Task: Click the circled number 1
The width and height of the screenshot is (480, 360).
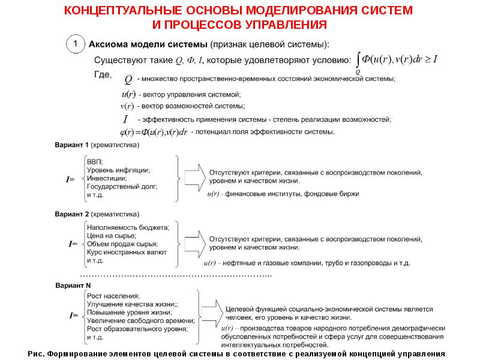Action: [74, 45]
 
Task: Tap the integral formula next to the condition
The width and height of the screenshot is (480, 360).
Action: [397, 60]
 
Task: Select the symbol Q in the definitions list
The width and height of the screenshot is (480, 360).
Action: [128, 79]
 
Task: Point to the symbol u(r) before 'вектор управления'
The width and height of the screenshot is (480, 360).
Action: [127, 95]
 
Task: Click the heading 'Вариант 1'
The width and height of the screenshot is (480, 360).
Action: [72, 145]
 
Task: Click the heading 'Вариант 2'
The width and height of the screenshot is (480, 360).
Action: [72, 214]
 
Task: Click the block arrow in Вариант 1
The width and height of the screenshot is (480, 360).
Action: [193, 177]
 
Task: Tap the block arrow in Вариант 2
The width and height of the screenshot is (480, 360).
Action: [193, 245]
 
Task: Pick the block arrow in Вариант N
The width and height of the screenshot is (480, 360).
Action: [210, 315]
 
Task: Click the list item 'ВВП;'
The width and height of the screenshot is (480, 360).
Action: [95, 162]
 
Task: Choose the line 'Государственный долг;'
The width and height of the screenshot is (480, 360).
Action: [122, 187]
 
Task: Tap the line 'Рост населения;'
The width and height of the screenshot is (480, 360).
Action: [113, 296]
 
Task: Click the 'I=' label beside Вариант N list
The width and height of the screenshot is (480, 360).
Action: [73, 315]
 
